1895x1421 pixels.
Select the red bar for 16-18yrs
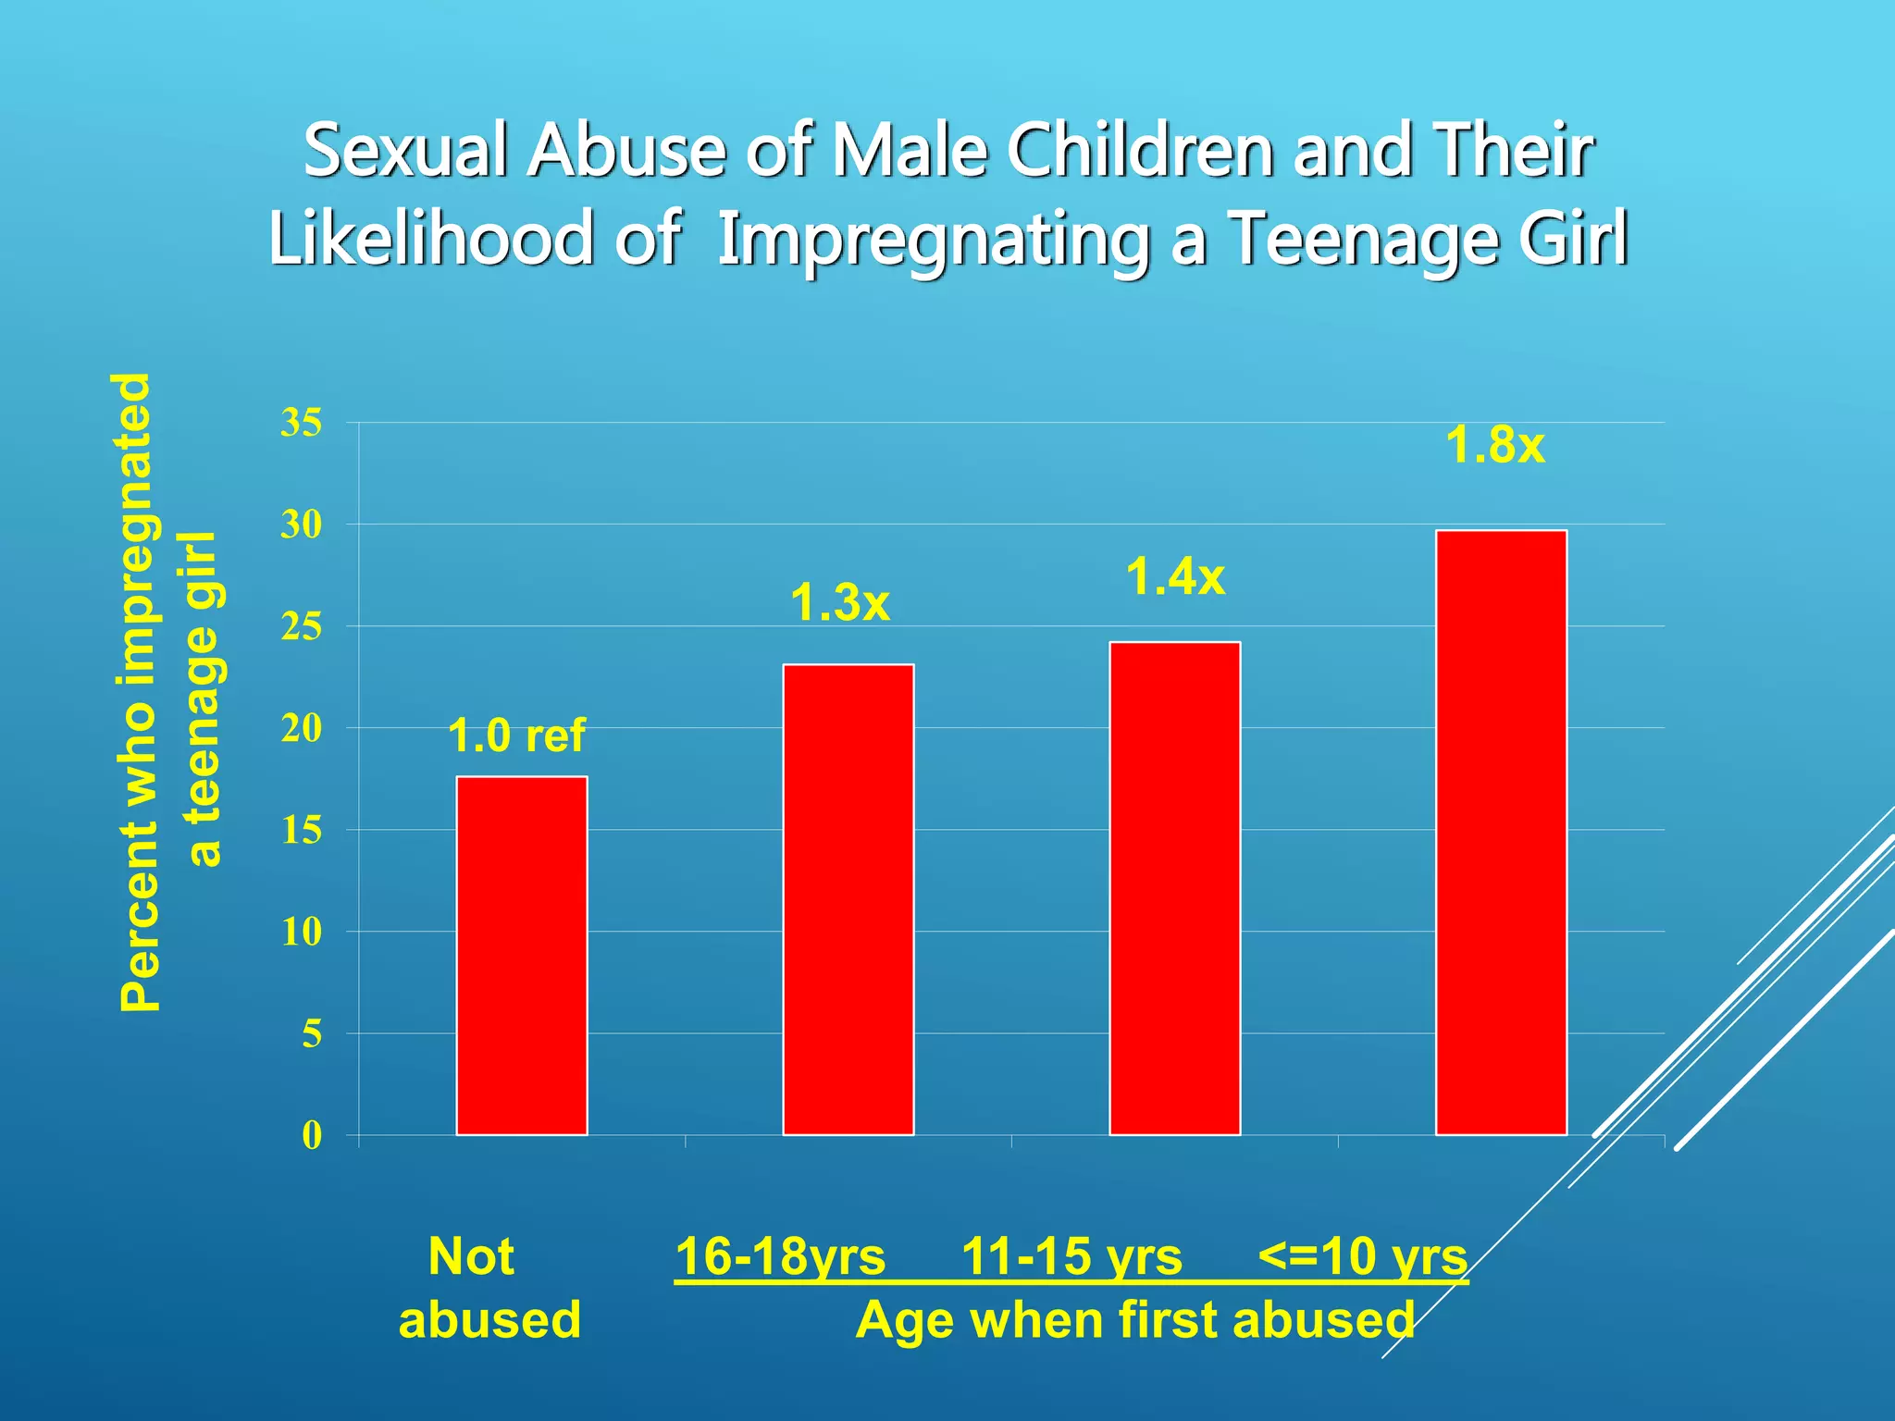(848, 899)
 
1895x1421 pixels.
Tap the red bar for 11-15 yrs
(1174, 888)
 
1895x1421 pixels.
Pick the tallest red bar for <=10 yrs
(1501, 833)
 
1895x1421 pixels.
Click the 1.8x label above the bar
(1494, 445)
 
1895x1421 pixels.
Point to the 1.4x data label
(1175, 578)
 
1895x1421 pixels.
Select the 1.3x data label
(839, 603)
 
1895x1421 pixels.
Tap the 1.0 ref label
(516, 736)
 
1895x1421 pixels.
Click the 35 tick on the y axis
(302, 424)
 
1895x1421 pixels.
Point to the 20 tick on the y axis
(302, 729)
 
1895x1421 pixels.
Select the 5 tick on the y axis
(312, 1034)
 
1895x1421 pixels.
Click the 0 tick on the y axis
(312, 1136)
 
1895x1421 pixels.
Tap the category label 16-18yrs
(780, 1257)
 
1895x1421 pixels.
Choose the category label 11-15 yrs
(1071, 1257)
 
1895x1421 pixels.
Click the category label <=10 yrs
(1362, 1257)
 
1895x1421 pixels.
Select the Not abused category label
(489, 1288)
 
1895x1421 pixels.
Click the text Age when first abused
(1134, 1320)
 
